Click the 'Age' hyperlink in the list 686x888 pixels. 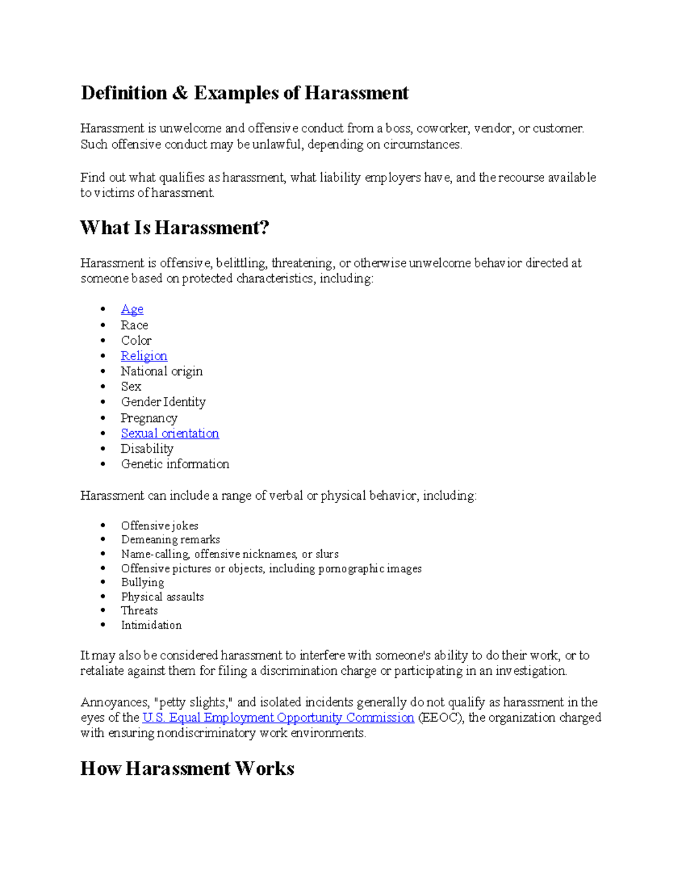pyautogui.click(x=132, y=309)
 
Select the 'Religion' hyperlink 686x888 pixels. pyautogui.click(x=144, y=356)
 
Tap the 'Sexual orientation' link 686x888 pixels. pyautogui.click(x=170, y=433)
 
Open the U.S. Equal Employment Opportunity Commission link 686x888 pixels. pyautogui.click(x=278, y=718)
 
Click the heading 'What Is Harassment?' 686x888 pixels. pyautogui.click(x=174, y=228)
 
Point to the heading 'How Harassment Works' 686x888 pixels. pyautogui.click(x=187, y=768)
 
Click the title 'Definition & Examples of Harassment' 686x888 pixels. pyautogui.click(x=245, y=93)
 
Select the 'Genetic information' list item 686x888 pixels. pyautogui.click(x=175, y=464)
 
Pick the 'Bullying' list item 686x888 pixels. pyautogui.click(x=142, y=582)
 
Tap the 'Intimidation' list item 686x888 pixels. pyautogui.click(x=151, y=625)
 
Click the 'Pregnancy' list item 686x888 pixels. pyautogui.click(x=149, y=418)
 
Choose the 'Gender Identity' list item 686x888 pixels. pyautogui.click(x=163, y=402)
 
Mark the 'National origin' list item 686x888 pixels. pyautogui.click(x=162, y=371)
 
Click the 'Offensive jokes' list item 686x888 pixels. pyautogui.click(x=159, y=525)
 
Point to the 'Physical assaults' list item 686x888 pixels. pyautogui.click(x=162, y=596)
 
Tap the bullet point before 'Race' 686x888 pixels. pyautogui.click(x=103, y=325)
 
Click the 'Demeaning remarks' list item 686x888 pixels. pyautogui.click(x=170, y=540)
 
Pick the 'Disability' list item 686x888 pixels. pyautogui.click(x=147, y=449)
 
